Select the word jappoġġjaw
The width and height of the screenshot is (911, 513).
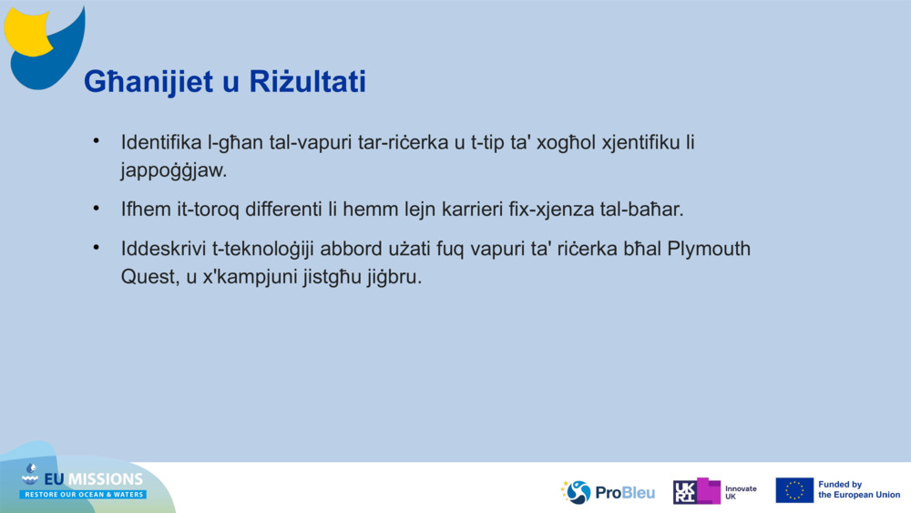(173, 171)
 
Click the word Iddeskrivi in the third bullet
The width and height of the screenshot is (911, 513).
(162, 249)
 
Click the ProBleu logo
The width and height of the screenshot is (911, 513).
(608, 492)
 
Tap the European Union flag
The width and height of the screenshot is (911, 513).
(793, 490)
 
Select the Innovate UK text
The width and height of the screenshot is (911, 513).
(740, 492)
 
